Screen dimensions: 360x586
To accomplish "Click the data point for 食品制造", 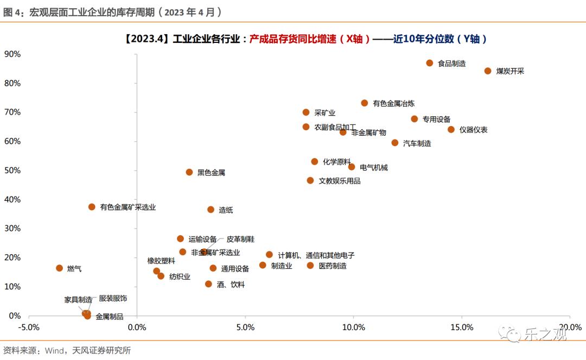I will click(x=429, y=63).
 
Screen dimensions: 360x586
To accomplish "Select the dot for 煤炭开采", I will click(x=488, y=71).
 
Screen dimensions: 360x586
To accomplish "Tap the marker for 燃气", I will click(x=60, y=268).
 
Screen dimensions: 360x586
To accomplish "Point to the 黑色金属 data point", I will click(x=189, y=172).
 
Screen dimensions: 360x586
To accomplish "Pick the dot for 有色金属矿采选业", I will click(x=92, y=207).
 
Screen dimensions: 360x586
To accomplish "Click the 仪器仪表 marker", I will click(x=451, y=129).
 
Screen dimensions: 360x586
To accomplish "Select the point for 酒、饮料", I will click(x=208, y=284).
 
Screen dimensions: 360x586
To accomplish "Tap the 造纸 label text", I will click(x=226, y=210).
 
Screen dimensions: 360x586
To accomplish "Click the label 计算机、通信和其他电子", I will click(x=316, y=255).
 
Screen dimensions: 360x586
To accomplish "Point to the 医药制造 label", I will click(x=332, y=266).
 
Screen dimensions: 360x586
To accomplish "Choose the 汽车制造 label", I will click(x=417, y=143).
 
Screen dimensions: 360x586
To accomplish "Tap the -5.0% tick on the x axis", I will click(x=28, y=327).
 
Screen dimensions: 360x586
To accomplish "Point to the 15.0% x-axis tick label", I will click(x=462, y=327).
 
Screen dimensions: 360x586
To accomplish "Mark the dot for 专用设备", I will click(x=415, y=119).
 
